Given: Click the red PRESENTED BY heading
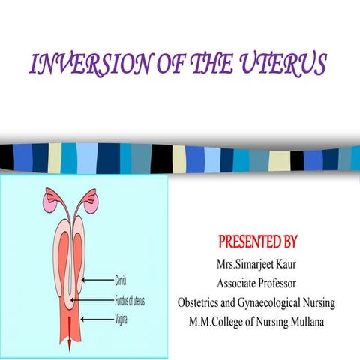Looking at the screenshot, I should point(257,242).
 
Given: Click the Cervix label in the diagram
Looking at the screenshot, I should point(120,280).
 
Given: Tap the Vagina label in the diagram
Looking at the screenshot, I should point(121,318).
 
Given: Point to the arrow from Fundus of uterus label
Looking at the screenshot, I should point(91,300).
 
